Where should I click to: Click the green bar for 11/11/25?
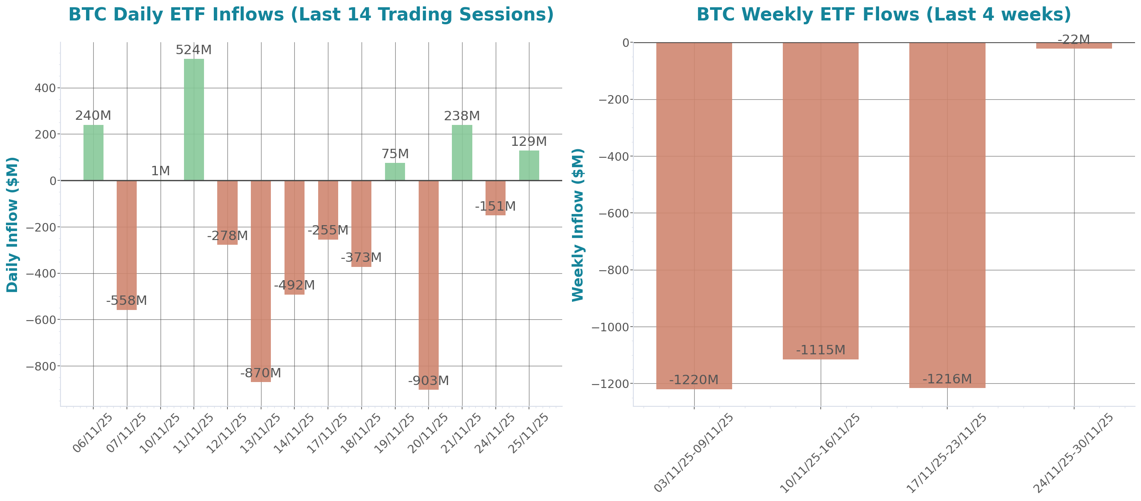(x=194, y=120)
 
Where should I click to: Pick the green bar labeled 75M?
(x=395, y=171)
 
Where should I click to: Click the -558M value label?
(x=126, y=301)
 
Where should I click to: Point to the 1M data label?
(x=160, y=171)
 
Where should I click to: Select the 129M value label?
(x=529, y=142)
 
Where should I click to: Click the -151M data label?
(x=495, y=207)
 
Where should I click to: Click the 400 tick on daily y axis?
(x=45, y=88)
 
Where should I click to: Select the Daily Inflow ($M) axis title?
(x=12, y=225)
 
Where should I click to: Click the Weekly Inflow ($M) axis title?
(x=578, y=225)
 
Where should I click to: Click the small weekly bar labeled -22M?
(x=1074, y=46)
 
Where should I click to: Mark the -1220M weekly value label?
(x=694, y=380)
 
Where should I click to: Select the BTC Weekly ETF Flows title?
(x=884, y=14)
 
